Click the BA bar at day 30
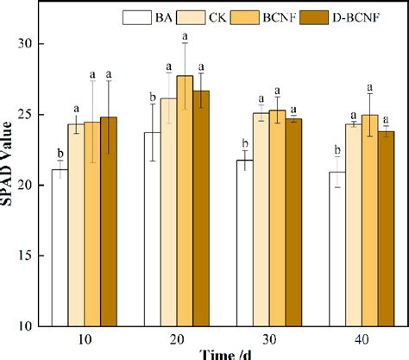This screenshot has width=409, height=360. [245, 243]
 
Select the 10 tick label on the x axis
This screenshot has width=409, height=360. [85, 338]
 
